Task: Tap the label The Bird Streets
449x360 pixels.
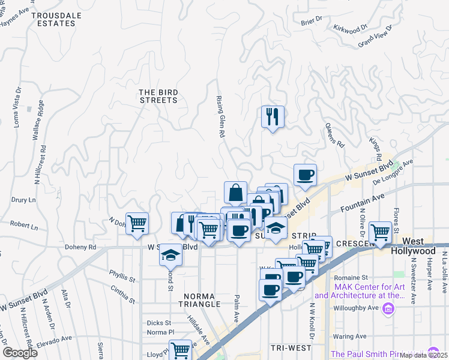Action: pyautogui.click(x=158, y=96)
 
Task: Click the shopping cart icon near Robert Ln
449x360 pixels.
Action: pyautogui.click(x=137, y=224)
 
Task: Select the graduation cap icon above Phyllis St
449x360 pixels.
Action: pyautogui.click(x=170, y=256)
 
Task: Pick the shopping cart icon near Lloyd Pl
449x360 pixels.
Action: pyautogui.click(x=180, y=350)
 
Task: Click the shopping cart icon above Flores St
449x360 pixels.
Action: pyautogui.click(x=381, y=232)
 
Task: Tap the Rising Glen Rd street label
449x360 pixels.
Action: pyautogui.click(x=221, y=118)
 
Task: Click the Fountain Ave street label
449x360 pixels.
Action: pyautogui.click(x=363, y=202)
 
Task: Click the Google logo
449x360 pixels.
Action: pyautogui.click(x=20, y=353)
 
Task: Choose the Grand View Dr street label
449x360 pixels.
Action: pyautogui.click(x=375, y=37)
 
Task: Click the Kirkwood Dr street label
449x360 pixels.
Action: pyautogui.click(x=351, y=28)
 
